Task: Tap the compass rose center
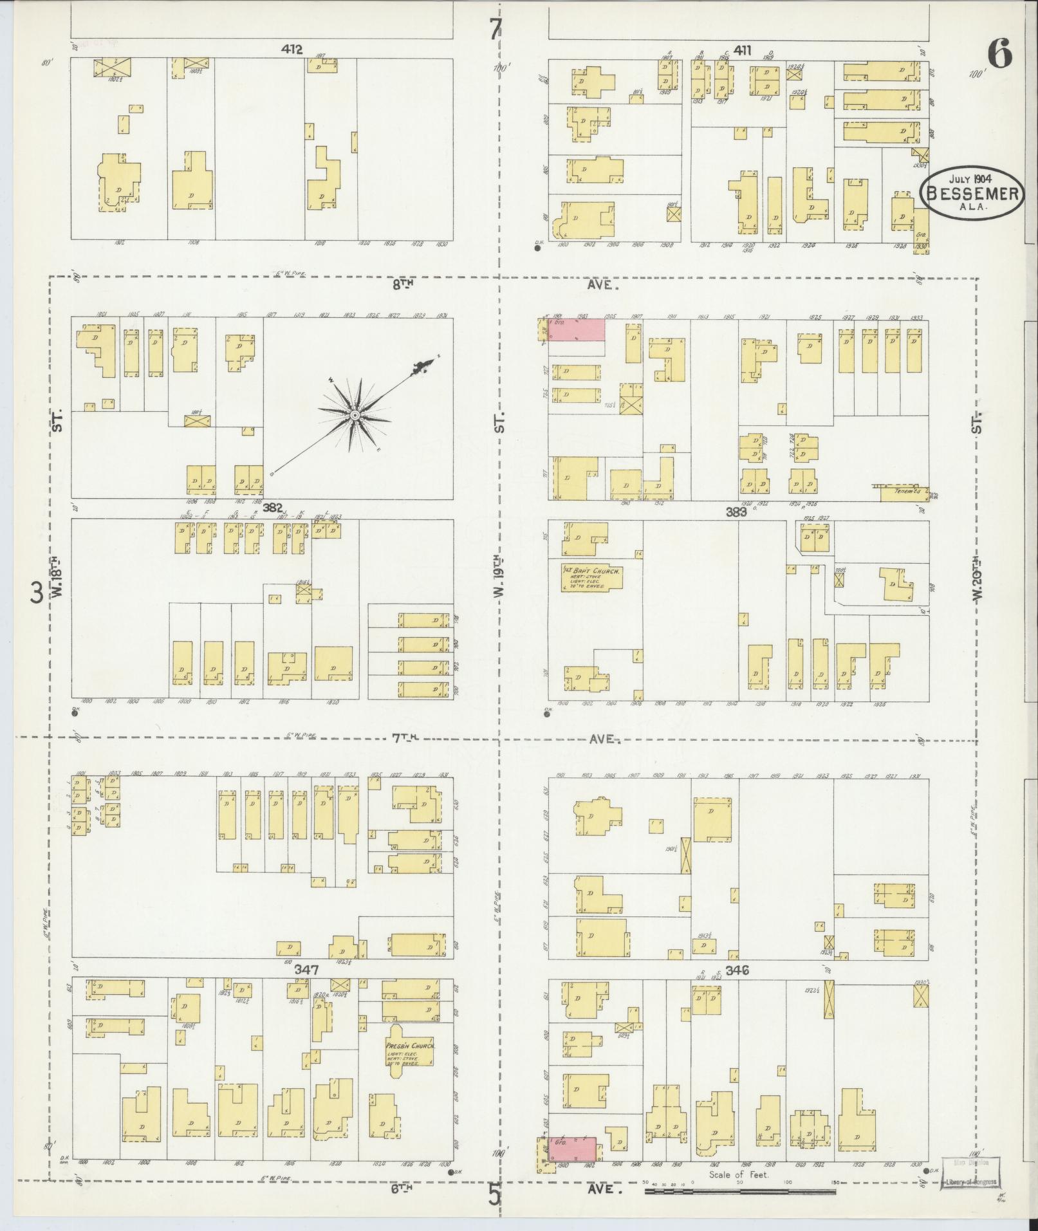pos(355,416)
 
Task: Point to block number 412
pos(292,48)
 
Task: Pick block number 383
pos(736,512)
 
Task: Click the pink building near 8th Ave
pos(576,330)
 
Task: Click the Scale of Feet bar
pos(740,1192)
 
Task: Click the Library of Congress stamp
pos(970,1172)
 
